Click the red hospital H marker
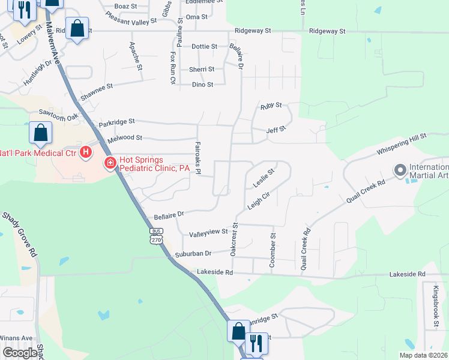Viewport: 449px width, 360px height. pos(86,152)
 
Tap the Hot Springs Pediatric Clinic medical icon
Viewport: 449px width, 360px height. pos(110,163)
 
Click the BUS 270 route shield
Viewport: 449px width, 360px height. pos(156,236)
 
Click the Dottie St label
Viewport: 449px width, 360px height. pos(203,46)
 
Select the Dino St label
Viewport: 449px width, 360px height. pos(202,85)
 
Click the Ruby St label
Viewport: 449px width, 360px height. pos(271,106)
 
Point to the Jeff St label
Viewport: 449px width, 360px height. pos(276,128)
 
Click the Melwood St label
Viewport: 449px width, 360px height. pos(124,139)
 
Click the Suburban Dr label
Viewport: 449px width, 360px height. pos(193,254)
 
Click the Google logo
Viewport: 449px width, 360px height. pos(20,353)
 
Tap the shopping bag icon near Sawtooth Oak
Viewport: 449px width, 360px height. pos(40,134)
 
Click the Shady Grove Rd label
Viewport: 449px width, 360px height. pos(20,234)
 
